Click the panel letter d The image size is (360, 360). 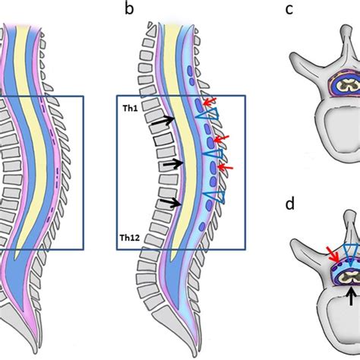click(x=289, y=204)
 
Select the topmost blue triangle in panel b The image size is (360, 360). click(x=206, y=114)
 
